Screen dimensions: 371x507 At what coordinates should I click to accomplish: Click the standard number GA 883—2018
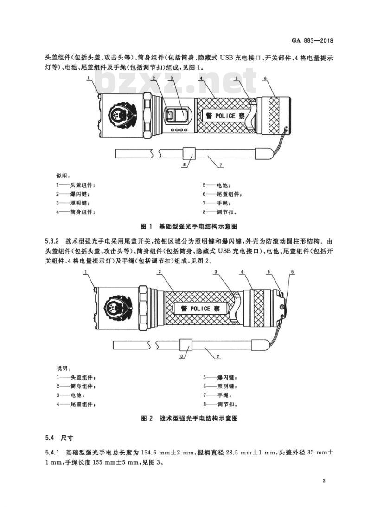312,41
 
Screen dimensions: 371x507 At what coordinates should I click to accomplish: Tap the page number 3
324,481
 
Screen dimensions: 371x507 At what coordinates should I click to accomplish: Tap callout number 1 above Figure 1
88,78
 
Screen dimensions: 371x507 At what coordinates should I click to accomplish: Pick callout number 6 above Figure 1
265,79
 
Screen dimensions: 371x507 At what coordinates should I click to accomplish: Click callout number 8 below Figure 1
184,165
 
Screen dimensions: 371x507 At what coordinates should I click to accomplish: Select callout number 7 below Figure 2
219,356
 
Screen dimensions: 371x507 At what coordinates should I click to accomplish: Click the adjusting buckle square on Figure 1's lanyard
189,153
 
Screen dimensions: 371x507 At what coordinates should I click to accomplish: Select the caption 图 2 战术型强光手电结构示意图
190,418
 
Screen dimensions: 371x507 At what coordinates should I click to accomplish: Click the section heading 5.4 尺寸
59,438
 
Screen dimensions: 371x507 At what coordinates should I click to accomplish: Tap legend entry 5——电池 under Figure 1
217,185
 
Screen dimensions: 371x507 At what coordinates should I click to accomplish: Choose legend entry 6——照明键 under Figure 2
220,386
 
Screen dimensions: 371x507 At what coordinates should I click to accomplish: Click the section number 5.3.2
51,242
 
